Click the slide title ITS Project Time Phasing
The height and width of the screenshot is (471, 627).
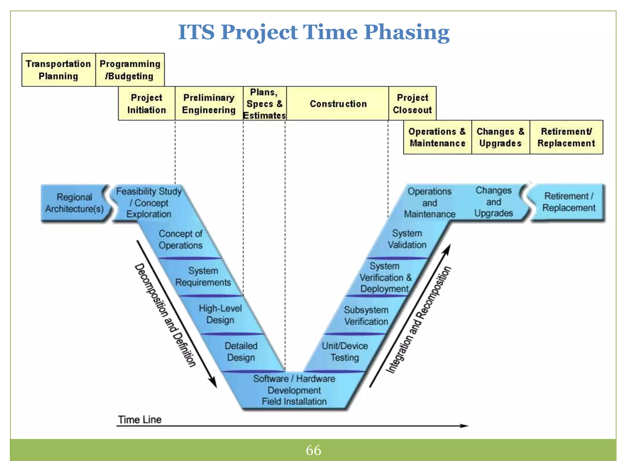[x=313, y=32]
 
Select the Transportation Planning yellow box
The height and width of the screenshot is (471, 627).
[x=58, y=70]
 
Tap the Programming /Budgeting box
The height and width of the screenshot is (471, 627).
[x=130, y=70]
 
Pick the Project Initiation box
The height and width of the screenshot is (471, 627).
[x=147, y=104]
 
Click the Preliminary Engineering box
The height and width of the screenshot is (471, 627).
[x=209, y=104]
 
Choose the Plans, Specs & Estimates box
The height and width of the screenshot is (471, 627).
[x=265, y=104]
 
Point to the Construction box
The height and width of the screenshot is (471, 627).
[x=338, y=104]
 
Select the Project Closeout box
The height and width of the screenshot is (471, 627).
[x=412, y=104]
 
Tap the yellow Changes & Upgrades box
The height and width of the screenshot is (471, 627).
[x=500, y=137]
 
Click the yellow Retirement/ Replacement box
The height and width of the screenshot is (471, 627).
[x=566, y=137]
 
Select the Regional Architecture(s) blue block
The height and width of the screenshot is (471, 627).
[x=74, y=203]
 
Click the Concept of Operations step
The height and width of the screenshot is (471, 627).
[x=181, y=239]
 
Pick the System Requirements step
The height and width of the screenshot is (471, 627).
[x=203, y=277]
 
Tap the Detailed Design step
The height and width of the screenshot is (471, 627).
[x=241, y=352]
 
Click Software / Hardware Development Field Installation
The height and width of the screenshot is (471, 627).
[x=294, y=390]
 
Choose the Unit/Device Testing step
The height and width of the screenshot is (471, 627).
[x=345, y=352]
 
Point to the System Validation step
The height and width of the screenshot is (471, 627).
[x=407, y=239]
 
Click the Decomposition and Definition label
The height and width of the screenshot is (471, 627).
[x=165, y=315]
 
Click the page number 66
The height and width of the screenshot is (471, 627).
[x=313, y=450]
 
